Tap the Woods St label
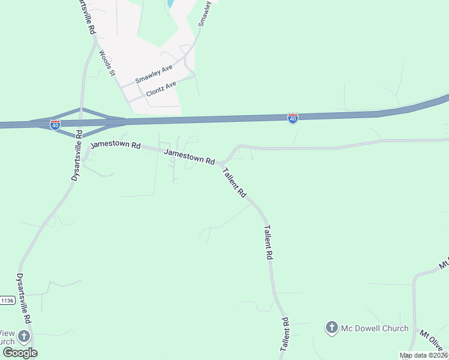(x=107, y=63)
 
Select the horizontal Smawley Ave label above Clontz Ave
(x=154, y=74)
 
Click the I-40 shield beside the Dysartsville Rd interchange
(x=55, y=125)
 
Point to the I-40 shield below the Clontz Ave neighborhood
(x=292, y=119)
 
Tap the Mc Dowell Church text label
(x=375, y=328)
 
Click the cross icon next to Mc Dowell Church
(x=331, y=328)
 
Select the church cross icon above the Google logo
(x=24, y=336)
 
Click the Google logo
(x=20, y=353)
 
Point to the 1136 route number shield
(x=7, y=300)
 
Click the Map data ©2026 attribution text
(x=423, y=355)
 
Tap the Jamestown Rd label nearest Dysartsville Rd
(x=115, y=145)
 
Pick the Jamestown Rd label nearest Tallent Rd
(x=190, y=157)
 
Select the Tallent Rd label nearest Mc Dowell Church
(x=285, y=334)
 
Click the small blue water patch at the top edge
(x=171, y=3)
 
